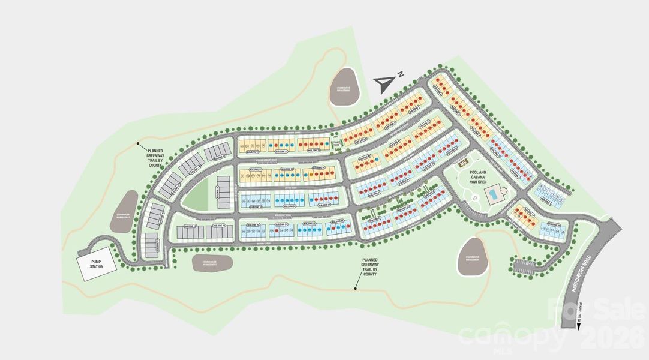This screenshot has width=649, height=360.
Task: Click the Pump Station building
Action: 95,263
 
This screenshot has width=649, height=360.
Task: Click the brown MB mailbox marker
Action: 463,162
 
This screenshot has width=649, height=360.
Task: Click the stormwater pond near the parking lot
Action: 473,256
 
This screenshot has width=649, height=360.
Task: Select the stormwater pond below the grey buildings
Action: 212,261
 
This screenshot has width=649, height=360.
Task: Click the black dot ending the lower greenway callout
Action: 355,289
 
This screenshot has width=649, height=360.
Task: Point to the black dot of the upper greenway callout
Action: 138,143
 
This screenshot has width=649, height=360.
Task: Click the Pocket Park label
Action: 336,143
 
